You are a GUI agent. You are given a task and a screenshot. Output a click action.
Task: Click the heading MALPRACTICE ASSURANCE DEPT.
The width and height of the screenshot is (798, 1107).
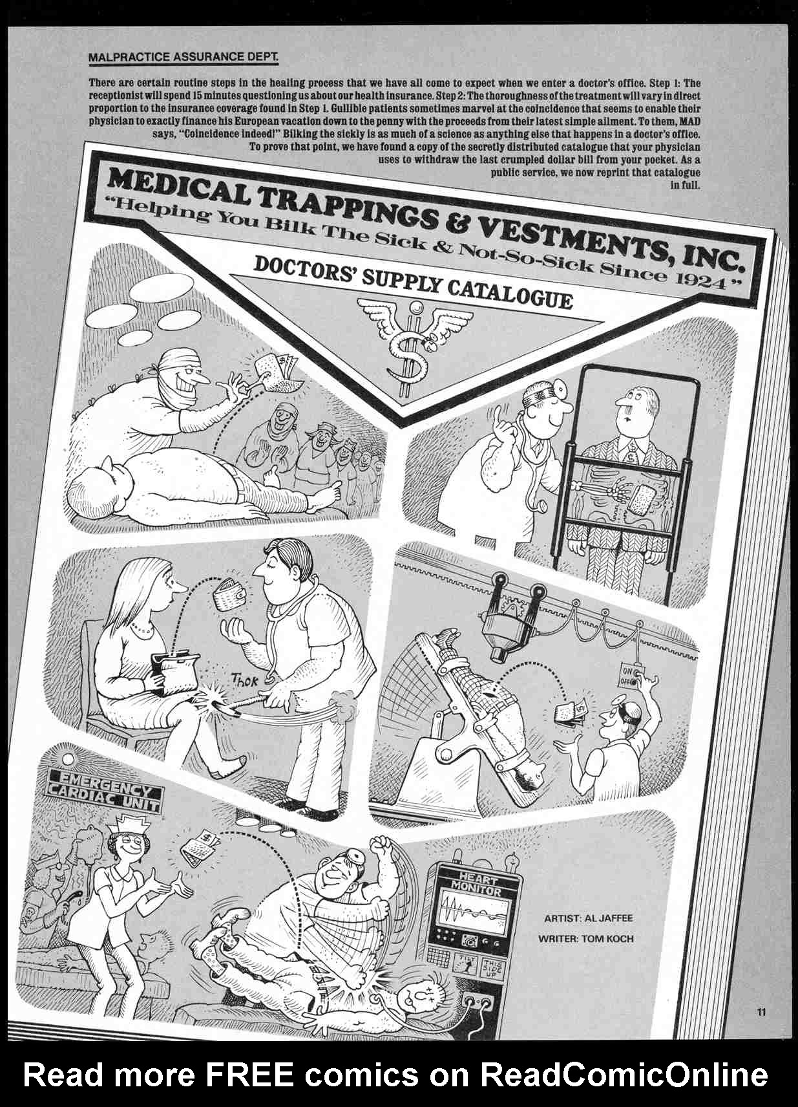pyautogui.click(x=183, y=58)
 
